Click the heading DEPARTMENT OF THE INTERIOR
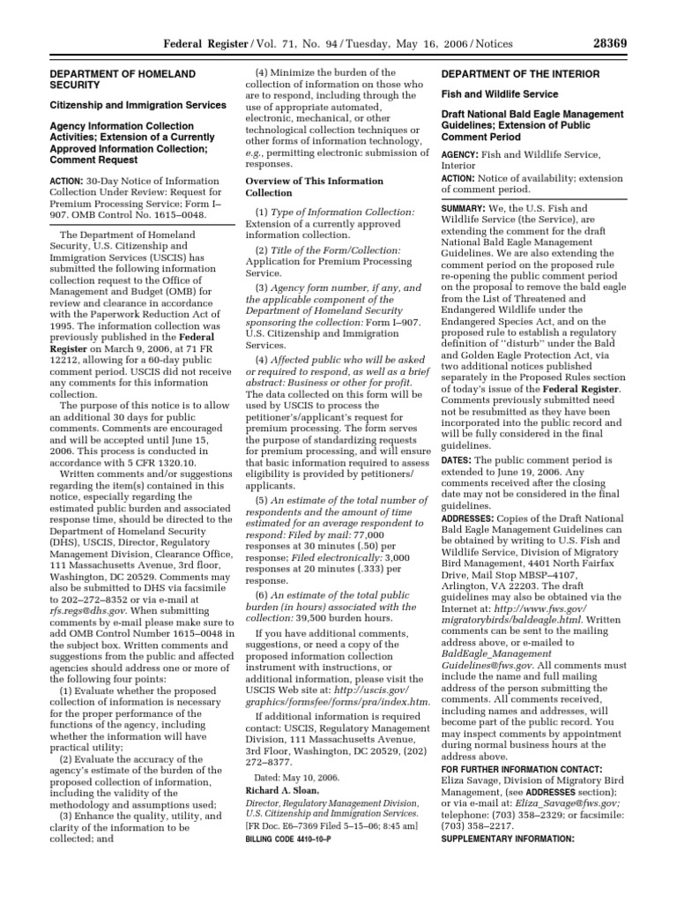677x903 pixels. pyautogui.click(x=521, y=73)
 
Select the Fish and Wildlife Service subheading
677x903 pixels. pyautogui.click(x=499, y=93)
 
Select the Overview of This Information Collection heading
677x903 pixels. pyautogui.click(x=314, y=187)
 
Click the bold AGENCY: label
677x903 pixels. pyautogui.click(x=460, y=154)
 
